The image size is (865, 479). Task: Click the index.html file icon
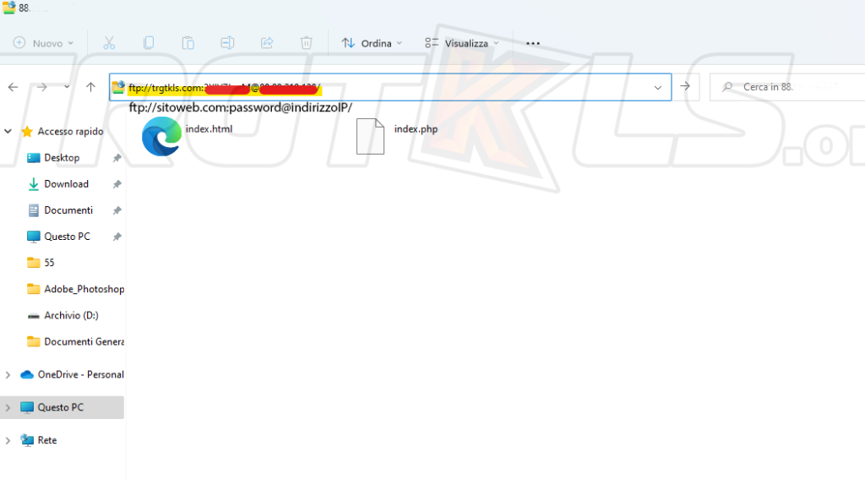161,137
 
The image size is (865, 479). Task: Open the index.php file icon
370,137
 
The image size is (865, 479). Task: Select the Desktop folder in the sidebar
62,158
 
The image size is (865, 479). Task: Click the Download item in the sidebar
66,184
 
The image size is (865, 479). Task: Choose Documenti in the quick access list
68,210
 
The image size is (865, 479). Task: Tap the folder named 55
49,263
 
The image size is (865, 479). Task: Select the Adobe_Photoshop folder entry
83,289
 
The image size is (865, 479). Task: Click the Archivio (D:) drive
71,315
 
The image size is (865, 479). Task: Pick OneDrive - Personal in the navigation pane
79,374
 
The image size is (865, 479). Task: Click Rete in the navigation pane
46,440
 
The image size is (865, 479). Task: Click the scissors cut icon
109,43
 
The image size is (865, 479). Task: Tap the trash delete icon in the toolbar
307,43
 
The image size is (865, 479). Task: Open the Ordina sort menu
371,43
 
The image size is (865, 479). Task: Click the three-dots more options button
533,43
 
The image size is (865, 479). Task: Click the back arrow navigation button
13,87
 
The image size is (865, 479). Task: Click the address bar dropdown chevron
658,87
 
